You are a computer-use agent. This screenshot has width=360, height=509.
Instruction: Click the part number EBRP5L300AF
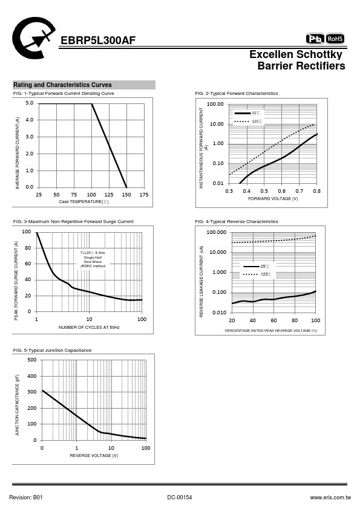[x=98, y=41]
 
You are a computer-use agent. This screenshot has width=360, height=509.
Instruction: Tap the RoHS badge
[x=335, y=39]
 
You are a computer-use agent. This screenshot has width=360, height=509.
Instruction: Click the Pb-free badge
[x=315, y=39]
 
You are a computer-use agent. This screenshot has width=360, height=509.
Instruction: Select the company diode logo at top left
[x=33, y=38]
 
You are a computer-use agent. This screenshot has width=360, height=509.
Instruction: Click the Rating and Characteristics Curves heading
[x=62, y=85]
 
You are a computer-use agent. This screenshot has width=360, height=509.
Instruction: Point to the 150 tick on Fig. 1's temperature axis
[x=126, y=195]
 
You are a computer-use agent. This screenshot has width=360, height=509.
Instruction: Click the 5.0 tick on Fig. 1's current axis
[x=30, y=103]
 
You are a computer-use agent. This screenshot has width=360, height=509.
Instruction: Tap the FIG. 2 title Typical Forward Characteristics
[x=236, y=93]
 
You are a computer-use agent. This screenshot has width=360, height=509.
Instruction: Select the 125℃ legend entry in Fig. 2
[x=248, y=122]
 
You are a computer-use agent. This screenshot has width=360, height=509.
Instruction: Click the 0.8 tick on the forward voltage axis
[x=317, y=191]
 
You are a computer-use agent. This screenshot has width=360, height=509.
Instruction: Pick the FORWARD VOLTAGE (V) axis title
[x=273, y=199]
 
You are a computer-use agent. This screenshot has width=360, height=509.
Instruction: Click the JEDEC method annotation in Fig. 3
[x=93, y=266]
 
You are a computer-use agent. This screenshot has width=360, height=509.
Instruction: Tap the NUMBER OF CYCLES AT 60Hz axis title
[x=89, y=327]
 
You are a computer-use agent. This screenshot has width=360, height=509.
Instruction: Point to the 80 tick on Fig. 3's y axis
[x=28, y=248]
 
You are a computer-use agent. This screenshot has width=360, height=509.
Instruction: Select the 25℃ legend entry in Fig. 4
[x=257, y=267]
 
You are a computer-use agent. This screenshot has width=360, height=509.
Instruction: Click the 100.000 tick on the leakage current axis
[x=217, y=232]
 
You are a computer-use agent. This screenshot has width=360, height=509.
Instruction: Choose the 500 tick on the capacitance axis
[x=32, y=360]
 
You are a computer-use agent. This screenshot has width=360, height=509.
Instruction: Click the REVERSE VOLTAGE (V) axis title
[x=94, y=455]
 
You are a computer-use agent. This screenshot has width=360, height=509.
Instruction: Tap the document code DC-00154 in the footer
[x=180, y=498]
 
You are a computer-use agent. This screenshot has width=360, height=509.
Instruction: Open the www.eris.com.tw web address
[x=330, y=498]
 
